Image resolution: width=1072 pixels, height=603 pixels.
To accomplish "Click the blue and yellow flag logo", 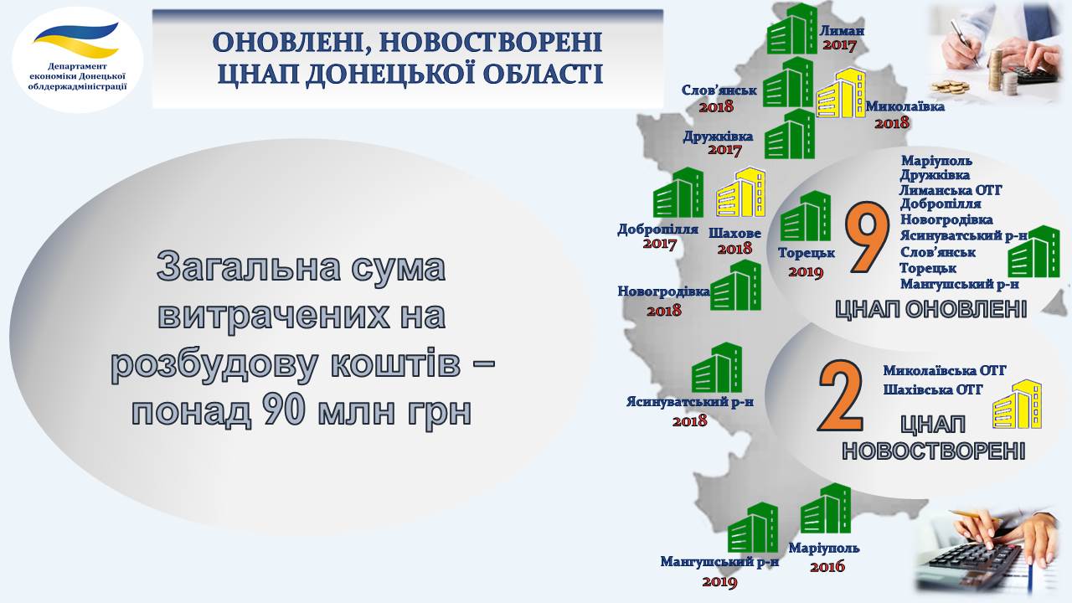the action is [76, 39].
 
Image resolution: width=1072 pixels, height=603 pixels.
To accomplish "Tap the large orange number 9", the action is [866, 237].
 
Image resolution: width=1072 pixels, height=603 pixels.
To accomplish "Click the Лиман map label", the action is [842, 31].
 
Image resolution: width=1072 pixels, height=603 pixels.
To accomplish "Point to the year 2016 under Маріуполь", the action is [827, 567].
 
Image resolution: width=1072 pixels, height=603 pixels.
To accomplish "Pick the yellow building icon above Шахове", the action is [740, 192].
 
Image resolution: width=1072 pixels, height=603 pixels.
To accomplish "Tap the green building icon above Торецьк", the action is [806, 216].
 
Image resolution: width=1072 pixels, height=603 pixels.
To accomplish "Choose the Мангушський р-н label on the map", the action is [719, 562].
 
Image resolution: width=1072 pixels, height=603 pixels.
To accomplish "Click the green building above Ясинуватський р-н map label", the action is [717, 367].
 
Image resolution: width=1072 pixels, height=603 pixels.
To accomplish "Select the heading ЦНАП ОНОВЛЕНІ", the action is [930, 309].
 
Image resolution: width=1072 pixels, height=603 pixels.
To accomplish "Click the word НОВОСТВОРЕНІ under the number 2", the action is [933, 451].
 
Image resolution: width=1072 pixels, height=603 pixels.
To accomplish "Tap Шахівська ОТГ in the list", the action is [933, 389].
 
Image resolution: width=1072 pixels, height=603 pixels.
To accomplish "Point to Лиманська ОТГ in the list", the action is [951, 190].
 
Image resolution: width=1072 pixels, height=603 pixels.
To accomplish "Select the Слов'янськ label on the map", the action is [719, 90].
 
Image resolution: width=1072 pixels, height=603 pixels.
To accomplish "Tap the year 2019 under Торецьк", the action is [806, 272].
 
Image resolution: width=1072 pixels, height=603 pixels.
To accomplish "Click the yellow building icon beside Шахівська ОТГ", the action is [1018, 404].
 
